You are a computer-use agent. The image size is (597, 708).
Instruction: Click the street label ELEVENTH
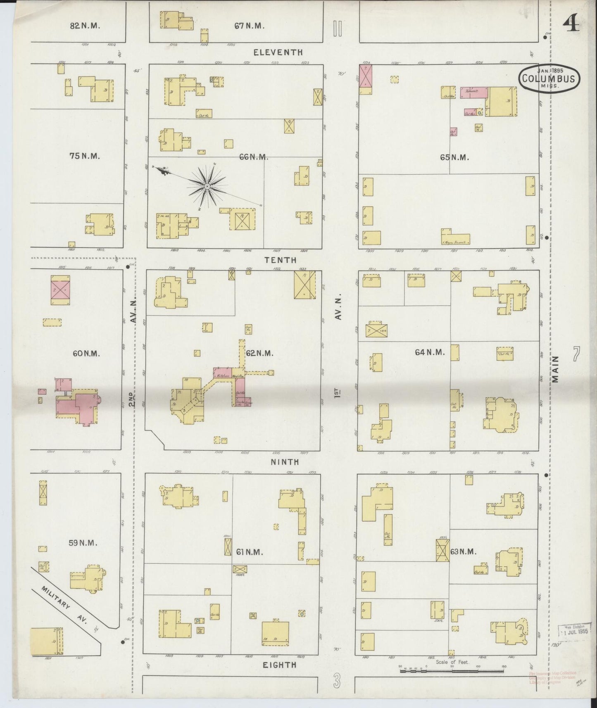click(278, 52)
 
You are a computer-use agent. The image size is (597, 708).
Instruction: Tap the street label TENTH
click(281, 260)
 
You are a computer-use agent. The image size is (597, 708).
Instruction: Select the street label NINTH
click(285, 462)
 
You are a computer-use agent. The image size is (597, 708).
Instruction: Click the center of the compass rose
click(207, 187)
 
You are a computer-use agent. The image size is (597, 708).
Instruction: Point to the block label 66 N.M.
click(254, 157)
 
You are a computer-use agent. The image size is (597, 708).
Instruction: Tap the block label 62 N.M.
click(259, 353)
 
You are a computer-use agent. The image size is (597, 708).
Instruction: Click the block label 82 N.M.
click(85, 26)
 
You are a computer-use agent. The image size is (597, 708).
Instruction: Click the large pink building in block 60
click(84, 407)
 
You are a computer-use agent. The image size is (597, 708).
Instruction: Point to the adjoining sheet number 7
click(577, 354)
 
